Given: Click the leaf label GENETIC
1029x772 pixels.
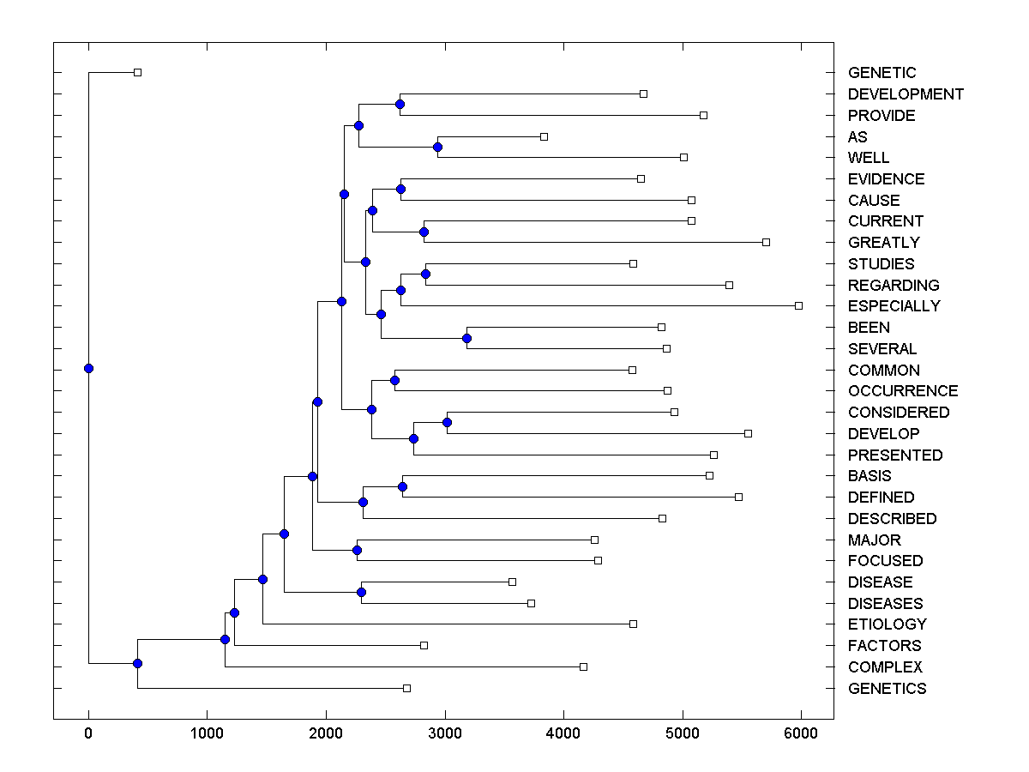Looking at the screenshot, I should tap(882, 73).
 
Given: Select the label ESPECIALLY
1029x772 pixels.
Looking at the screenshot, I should tap(894, 306).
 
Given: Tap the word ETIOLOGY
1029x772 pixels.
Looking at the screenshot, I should tap(887, 624).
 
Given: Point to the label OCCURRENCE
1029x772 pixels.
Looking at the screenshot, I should tap(902, 391).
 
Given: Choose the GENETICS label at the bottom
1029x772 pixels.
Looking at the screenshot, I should tap(887, 689).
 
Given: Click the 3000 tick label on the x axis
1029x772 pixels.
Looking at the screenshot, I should tap(444, 734).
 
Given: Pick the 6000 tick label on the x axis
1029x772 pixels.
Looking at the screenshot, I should tap(801, 734).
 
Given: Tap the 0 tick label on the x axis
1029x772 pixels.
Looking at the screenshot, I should tap(88, 734).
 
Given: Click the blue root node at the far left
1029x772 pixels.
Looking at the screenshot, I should tap(88, 369).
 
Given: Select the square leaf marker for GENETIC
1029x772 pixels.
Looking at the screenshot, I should tap(137, 72).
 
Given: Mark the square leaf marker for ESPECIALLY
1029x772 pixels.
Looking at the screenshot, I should tap(798, 305).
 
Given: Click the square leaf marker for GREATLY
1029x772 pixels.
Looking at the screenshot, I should tap(766, 242).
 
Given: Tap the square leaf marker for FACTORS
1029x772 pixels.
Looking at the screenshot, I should tap(424, 645).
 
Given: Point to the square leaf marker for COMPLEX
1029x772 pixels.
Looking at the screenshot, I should tap(583, 666).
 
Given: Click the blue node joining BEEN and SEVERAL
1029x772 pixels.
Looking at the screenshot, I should tap(466, 338).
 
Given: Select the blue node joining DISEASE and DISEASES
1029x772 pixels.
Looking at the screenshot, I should tap(361, 593).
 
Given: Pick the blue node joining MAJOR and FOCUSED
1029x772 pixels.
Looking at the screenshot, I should tap(357, 550).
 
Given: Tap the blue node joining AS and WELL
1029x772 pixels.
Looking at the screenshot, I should tap(437, 147).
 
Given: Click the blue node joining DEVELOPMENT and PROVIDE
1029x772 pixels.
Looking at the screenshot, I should tap(400, 105).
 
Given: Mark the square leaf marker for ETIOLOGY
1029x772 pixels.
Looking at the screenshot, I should tap(633, 624).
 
